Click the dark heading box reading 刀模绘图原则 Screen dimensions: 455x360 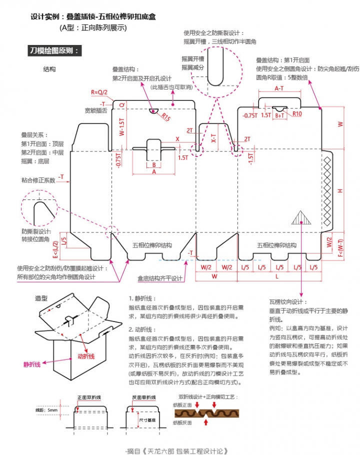click(x=54, y=50)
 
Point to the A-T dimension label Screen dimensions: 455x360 click(x=279, y=88)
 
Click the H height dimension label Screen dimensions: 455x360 click(x=340, y=191)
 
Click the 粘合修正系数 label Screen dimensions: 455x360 click(x=38, y=179)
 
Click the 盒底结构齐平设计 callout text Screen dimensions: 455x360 click(x=160, y=278)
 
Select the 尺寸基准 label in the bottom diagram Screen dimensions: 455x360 click(x=147, y=420)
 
